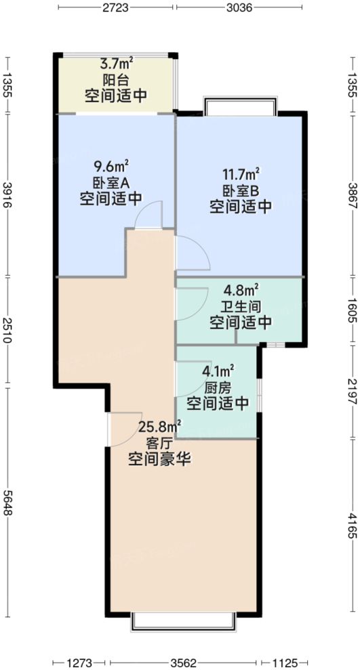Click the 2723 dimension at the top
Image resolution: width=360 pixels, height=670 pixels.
tap(117, 9)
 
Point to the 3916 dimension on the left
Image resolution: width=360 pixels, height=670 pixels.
tap(8, 196)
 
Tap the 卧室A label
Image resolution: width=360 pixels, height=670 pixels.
tap(111, 182)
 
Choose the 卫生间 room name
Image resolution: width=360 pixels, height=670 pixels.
tap(240, 306)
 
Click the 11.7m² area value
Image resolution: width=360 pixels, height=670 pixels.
tap(241, 174)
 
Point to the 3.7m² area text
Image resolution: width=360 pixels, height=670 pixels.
tap(117, 64)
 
